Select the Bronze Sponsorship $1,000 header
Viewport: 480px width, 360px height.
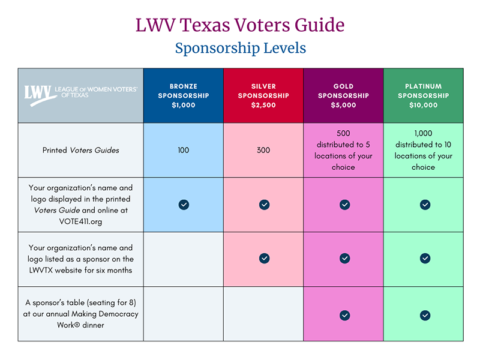(x=183, y=96)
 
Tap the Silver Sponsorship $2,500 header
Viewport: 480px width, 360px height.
(x=263, y=96)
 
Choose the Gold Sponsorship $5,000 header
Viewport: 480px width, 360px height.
(x=343, y=96)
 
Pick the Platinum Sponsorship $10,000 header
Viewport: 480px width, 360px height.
(x=423, y=96)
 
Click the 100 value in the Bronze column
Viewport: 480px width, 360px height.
(x=183, y=150)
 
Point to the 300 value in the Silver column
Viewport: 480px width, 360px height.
(x=263, y=150)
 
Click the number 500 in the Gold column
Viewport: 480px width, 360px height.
(x=343, y=133)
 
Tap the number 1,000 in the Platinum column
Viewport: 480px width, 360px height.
(x=423, y=133)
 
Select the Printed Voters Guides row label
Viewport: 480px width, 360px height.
(x=80, y=150)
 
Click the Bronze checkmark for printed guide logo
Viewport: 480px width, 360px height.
(x=184, y=205)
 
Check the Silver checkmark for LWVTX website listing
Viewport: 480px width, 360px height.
(x=264, y=258)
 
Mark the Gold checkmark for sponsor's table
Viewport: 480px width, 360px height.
(x=344, y=315)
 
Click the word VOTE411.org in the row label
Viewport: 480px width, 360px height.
(x=80, y=221)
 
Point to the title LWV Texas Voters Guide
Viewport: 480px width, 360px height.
(x=240, y=25)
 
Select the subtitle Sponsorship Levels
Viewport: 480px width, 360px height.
(x=240, y=47)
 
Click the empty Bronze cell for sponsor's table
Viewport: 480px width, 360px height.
(x=183, y=314)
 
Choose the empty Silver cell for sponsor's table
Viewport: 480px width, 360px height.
(x=263, y=314)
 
